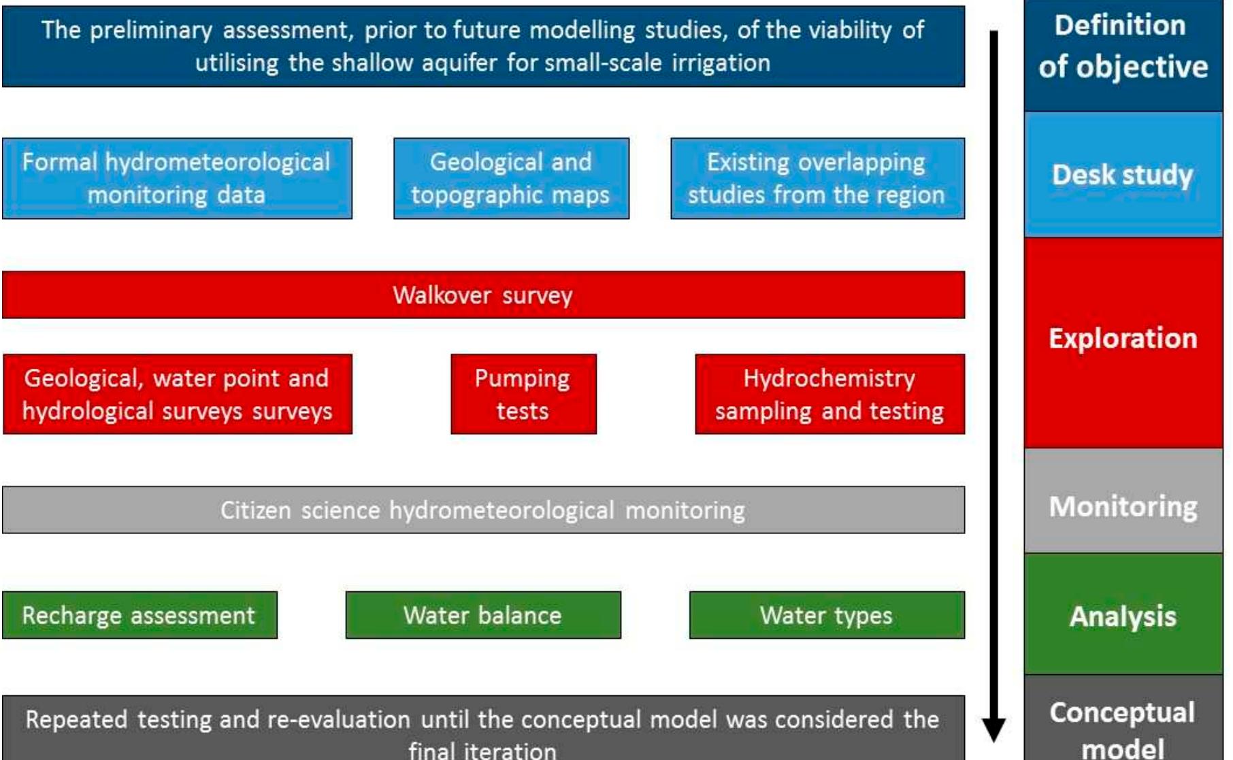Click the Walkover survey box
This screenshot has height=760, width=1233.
pyautogui.click(x=483, y=295)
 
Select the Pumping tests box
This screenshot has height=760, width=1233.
pyautogui.click(x=523, y=394)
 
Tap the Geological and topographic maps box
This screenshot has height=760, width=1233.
pyautogui.click(x=511, y=178)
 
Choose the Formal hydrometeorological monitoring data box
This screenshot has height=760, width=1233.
pyautogui.click(x=177, y=178)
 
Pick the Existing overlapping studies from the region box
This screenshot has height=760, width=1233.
pyautogui.click(x=817, y=178)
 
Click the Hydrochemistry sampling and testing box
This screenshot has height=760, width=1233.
pyautogui.click(x=829, y=394)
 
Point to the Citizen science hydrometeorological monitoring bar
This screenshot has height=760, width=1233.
pyautogui.click(x=483, y=510)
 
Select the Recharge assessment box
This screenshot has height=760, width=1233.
pyautogui.click(x=139, y=615)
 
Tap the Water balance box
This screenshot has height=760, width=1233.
pyautogui.click(x=483, y=615)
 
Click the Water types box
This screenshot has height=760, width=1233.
pyautogui.click(x=826, y=615)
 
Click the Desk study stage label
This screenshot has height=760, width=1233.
pyautogui.click(x=1123, y=175)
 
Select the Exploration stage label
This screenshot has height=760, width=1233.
pyautogui.click(x=1123, y=339)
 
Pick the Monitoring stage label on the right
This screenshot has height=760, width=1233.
pyautogui.click(x=1123, y=506)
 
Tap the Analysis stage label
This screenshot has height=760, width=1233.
pyautogui.click(x=1123, y=616)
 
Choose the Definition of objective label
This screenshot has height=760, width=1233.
pyautogui.click(x=1123, y=46)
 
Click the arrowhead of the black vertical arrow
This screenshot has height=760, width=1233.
pyautogui.click(x=993, y=729)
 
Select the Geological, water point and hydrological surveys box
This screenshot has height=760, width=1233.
pyautogui.click(x=177, y=394)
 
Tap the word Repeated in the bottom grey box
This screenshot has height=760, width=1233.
pyautogui.click(x=76, y=719)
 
